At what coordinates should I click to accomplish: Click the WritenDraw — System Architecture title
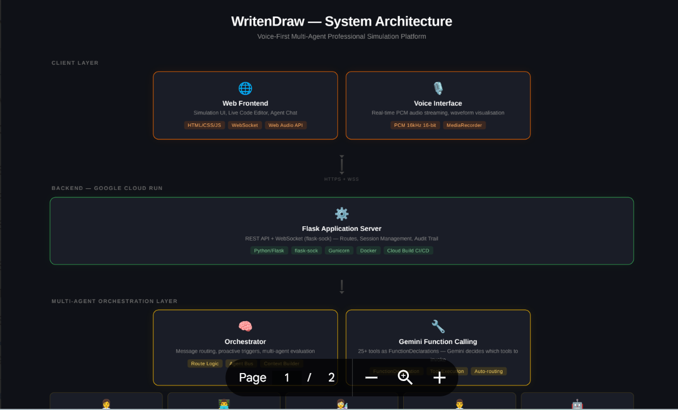[341, 22]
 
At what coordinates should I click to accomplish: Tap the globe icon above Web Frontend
[245, 89]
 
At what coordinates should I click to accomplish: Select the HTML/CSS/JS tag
[204, 125]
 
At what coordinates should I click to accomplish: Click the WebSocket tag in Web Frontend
[245, 125]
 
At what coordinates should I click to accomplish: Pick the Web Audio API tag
[286, 125]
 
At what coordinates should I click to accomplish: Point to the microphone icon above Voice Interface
[438, 89]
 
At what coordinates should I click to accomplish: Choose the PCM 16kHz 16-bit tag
[415, 125]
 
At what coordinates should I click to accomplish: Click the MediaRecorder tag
[464, 125]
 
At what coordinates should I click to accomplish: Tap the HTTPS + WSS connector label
[341, 179]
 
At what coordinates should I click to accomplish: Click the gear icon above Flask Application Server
[342, 214]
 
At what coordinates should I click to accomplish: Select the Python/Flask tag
[269, 251]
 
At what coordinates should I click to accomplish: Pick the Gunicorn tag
[339, 251]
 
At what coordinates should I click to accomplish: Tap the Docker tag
[368, 251]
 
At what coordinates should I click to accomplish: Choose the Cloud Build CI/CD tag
[408, 251]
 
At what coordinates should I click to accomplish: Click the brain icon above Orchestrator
[245, 326]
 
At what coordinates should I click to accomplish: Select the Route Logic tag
[205, 363]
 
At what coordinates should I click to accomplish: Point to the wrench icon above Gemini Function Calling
[438, 326]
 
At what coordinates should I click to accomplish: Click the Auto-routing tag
[488, 371]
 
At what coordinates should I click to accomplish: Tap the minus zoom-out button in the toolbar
[371, 378]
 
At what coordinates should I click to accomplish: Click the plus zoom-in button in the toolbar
[440, 378]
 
